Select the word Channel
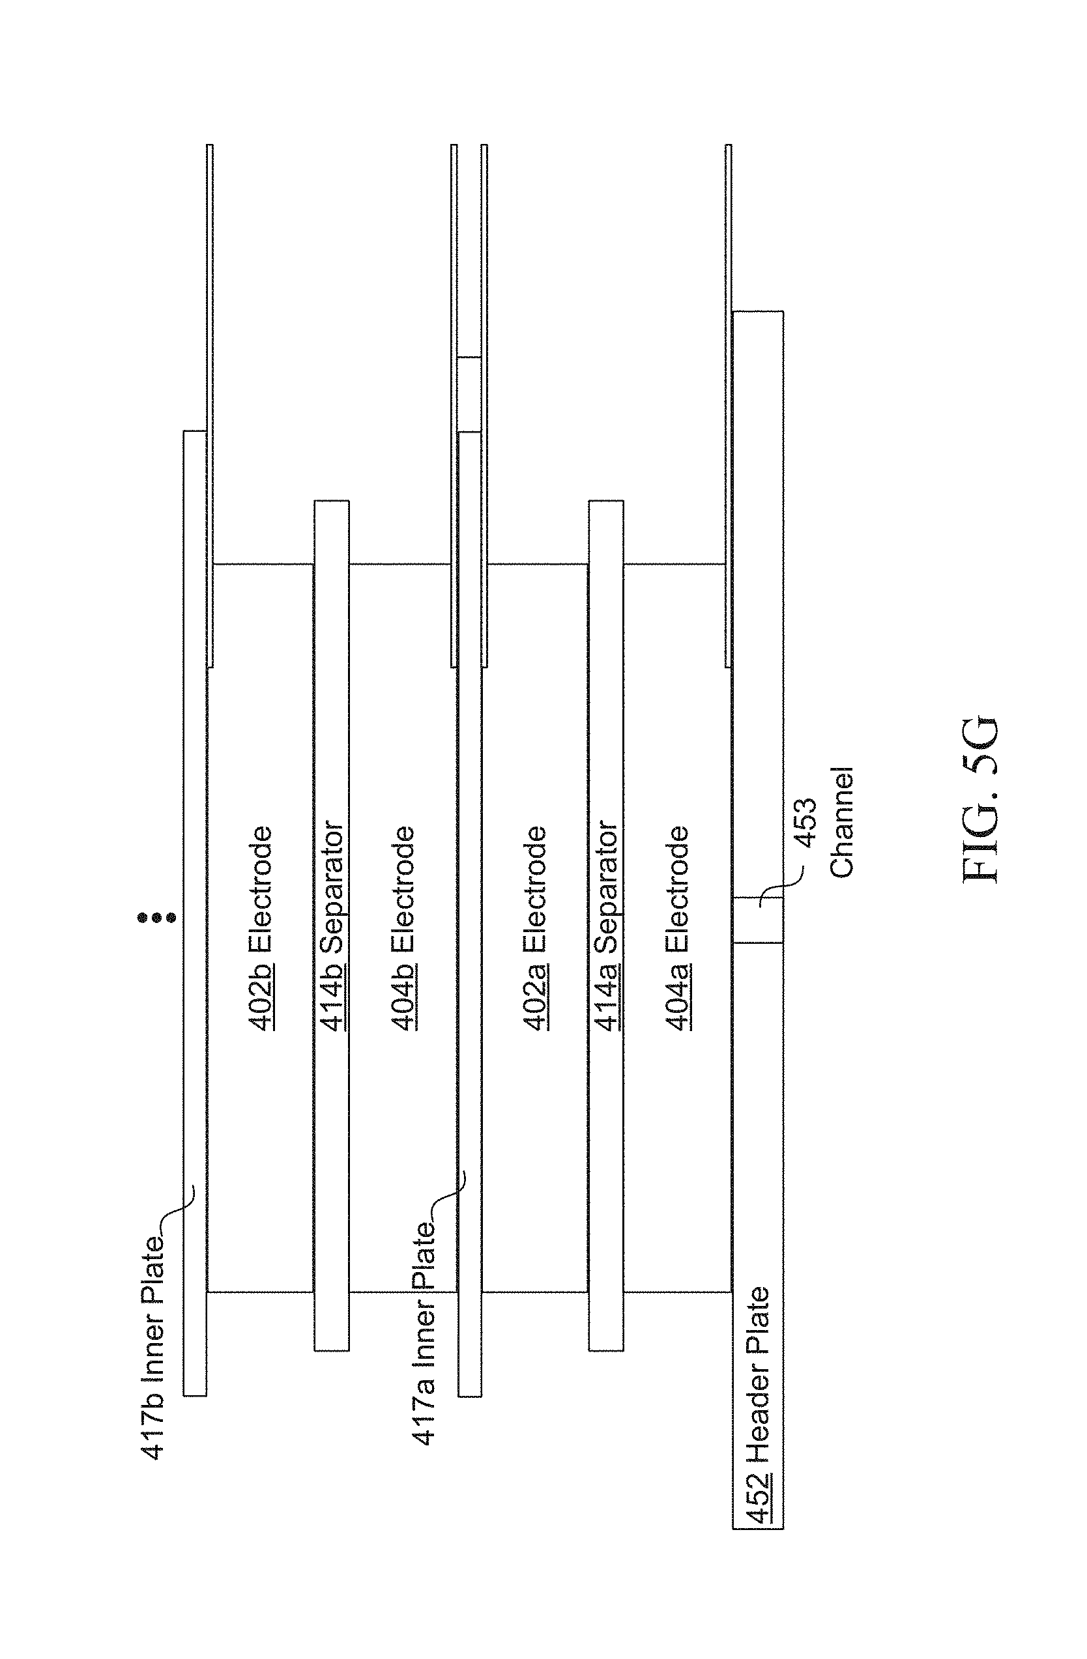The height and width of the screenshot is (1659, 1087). point(841,823)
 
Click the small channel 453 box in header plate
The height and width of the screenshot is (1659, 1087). point(758,920)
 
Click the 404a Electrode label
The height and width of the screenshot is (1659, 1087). point(677,928)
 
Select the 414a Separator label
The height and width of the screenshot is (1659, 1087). point(606,927)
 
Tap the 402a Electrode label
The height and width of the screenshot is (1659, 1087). point(535,928)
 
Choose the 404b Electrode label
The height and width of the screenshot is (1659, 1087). point(403,928)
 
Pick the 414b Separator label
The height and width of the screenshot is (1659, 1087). point(332,927)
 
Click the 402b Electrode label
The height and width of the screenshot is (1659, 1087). point(261,928)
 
